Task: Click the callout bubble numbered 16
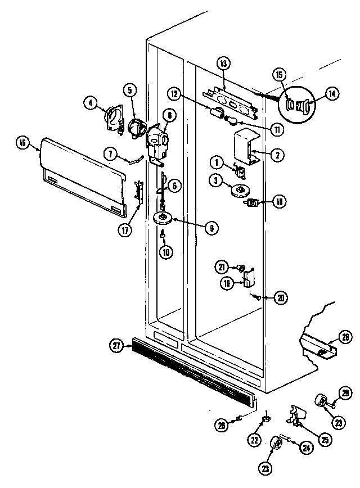click(x=22, y=143)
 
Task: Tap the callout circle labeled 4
click(x=89, y=102)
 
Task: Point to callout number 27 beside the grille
click(x=116, y=347)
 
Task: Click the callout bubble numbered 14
click(x=334, y=95)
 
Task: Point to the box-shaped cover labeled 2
click(x=245, y=143)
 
